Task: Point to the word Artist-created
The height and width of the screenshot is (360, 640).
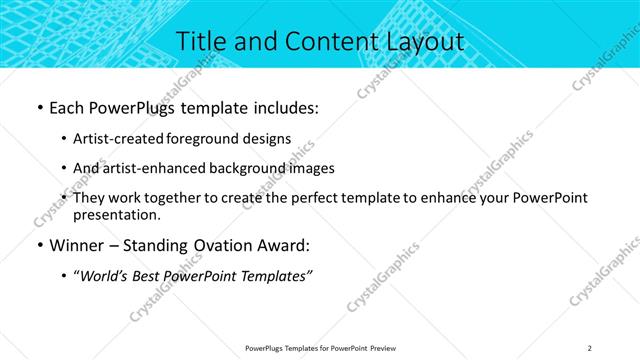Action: point(120,139)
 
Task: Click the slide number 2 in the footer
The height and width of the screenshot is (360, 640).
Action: point(590,348)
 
